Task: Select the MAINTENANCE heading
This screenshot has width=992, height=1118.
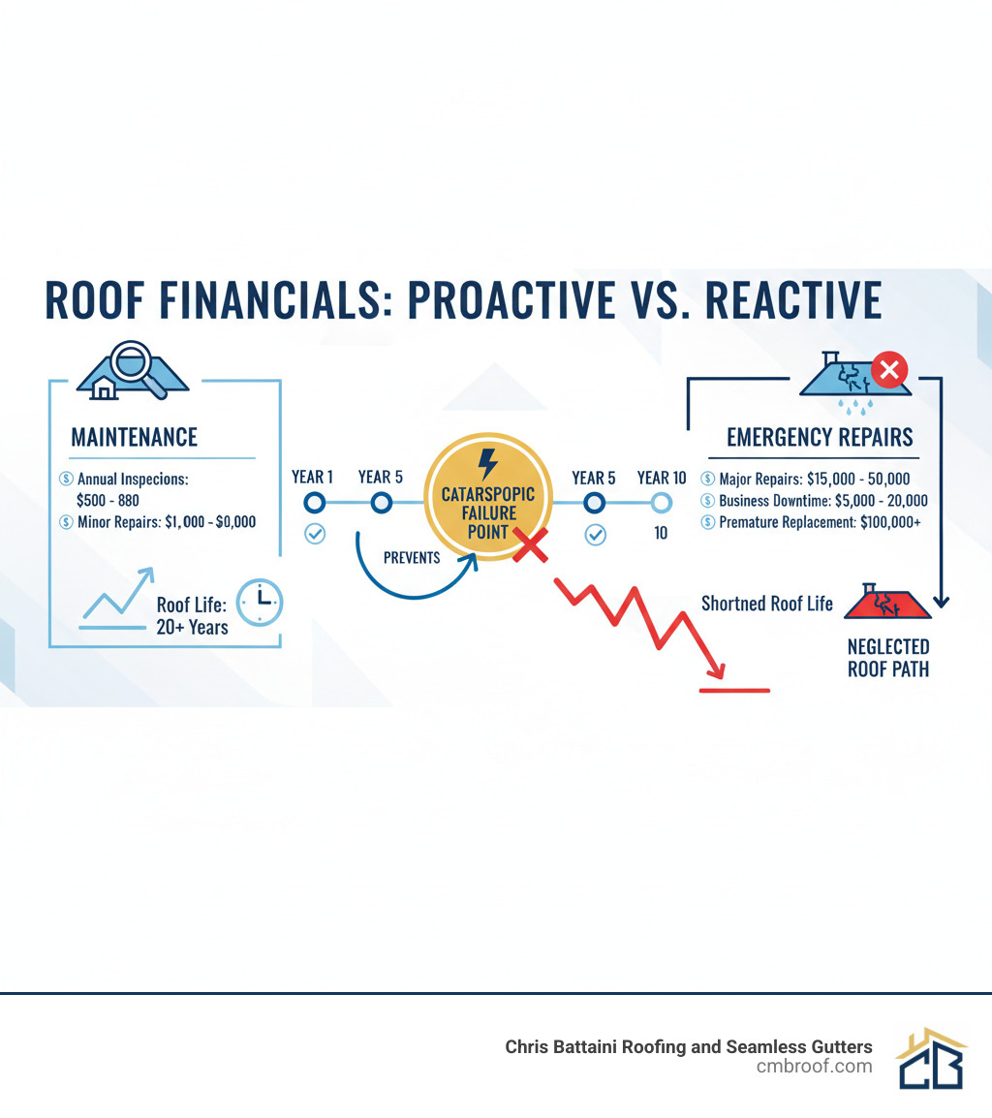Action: coord(134,437)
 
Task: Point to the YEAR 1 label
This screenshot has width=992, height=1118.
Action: coord(312,478)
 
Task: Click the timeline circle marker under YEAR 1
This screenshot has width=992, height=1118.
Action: coord(314,503)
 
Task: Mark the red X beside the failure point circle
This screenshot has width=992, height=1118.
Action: coord(530,547)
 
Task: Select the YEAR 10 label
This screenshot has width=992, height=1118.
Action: coord(662,478)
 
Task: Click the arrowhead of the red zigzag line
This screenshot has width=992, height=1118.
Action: coord(717,671)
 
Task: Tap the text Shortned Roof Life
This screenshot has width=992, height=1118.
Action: coord(766,604)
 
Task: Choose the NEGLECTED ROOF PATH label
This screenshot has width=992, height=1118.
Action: coord(888,657)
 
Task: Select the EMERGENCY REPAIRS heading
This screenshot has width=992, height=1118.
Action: coord(820,437)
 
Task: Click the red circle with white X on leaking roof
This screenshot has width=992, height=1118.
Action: coord(889,369)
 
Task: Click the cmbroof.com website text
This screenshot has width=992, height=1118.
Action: coord(814,1067)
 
